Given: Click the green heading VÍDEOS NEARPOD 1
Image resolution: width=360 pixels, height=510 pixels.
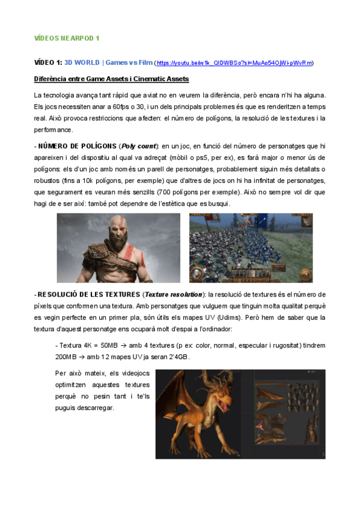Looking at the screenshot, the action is (x=66, y=37).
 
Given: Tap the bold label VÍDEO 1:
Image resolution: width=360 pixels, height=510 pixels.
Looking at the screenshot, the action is (x=47, y=63).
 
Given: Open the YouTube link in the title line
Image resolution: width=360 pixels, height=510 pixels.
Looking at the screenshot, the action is (x=234, y=63).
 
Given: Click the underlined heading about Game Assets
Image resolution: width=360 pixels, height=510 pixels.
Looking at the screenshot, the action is (x=111, y=79).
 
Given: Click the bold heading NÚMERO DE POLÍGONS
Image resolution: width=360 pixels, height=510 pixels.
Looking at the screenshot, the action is (x=78, y=146).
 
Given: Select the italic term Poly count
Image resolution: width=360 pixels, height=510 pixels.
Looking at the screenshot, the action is (x=139, y=146).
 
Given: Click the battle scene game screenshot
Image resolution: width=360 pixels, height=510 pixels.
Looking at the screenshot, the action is (x=251, y=248).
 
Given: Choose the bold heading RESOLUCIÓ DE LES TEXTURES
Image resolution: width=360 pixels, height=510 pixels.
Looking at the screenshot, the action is (x=89, y=295).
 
